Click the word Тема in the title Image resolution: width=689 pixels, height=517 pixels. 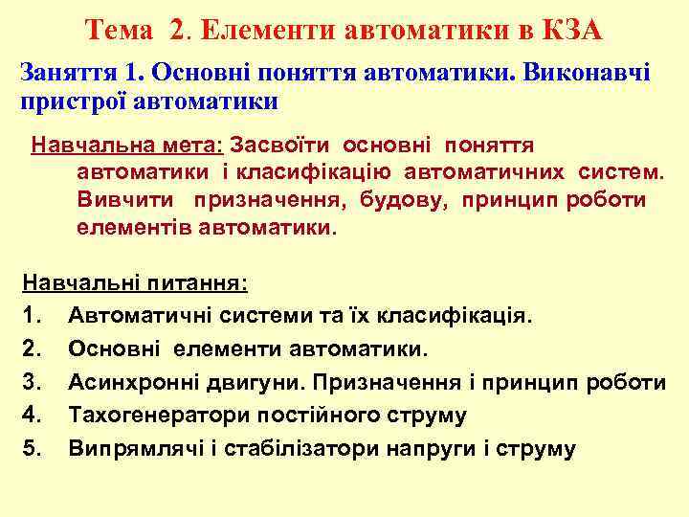119,31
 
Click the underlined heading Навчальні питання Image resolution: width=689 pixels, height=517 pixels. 134,284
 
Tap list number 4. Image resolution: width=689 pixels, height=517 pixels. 31,416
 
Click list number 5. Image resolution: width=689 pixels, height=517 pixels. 31,448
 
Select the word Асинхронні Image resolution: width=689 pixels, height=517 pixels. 135,383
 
